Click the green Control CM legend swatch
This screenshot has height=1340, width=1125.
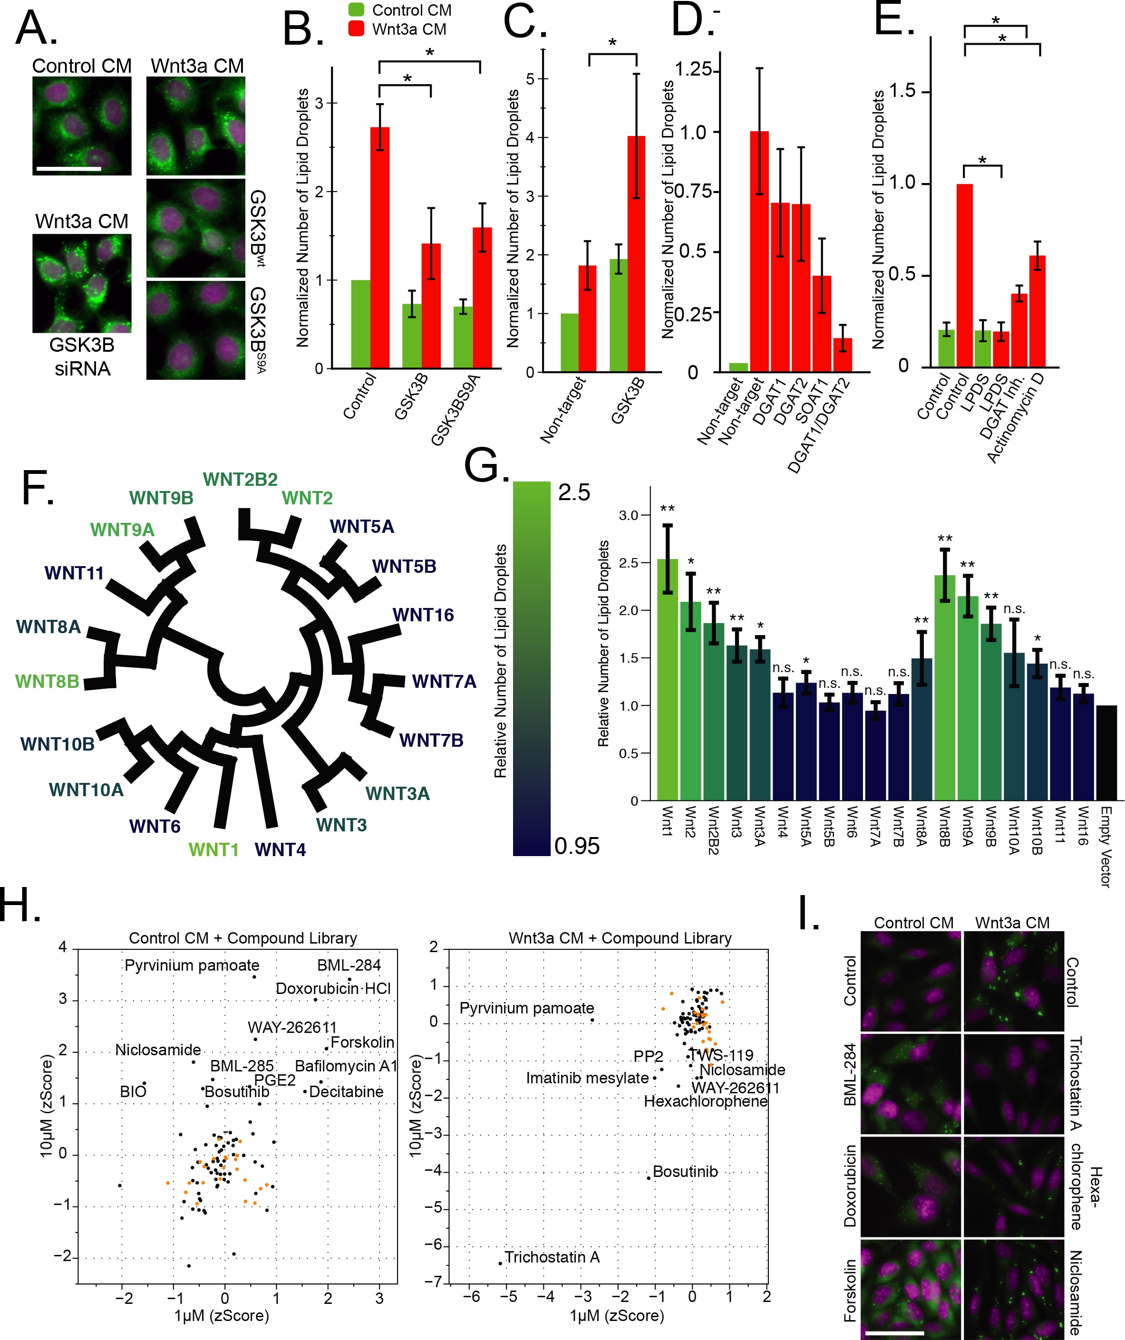356,10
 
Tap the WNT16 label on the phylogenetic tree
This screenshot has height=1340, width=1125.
423,615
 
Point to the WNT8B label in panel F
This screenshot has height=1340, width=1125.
47,682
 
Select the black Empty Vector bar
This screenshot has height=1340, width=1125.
1106,753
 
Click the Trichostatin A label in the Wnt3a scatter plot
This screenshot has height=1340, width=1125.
552,1257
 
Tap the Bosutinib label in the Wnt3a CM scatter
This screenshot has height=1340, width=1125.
685,1172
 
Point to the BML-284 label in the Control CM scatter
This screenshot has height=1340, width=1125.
349,965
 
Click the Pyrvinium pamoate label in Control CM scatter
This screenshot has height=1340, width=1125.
192,965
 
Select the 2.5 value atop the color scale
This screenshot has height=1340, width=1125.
573,492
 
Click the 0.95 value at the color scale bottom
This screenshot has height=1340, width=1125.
577,846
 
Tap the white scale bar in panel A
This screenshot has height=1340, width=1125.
69,169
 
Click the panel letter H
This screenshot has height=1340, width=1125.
20,905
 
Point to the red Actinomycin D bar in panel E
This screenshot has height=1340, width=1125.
1037,311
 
